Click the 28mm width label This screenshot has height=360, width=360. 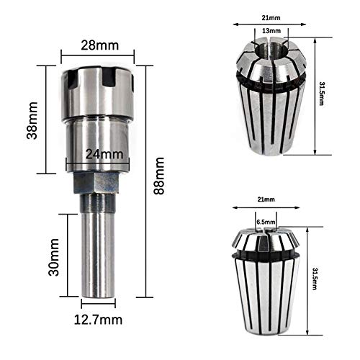coord(99,45)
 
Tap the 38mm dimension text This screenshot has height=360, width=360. coord(32,120)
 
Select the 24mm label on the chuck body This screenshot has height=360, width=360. coord(104,154)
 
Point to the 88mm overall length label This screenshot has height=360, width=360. coord(159,176)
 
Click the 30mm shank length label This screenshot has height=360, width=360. coord(54,257)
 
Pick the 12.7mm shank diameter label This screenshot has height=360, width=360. coord(98,320)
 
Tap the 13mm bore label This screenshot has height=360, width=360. coord(271,31)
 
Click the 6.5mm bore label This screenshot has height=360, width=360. coord(266,222)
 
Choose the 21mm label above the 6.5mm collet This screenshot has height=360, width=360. coord(266,199)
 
